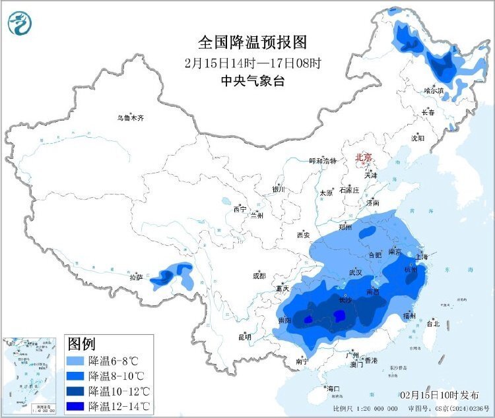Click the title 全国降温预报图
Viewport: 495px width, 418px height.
click(253, 43)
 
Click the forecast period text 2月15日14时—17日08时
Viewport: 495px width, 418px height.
click(253, 64)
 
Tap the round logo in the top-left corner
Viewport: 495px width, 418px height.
click(20, 24)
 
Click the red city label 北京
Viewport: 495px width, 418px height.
click(364, 158)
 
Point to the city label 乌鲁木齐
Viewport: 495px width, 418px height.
click(130, 119)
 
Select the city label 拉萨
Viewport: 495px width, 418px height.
click(137, 277)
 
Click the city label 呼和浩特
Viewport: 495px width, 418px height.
click(323, 161)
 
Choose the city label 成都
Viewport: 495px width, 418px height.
click(258, 276)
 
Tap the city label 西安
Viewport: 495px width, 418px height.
click(303, 235)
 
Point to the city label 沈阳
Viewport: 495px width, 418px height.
click(418, 138)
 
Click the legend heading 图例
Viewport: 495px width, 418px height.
click(82, 344)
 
